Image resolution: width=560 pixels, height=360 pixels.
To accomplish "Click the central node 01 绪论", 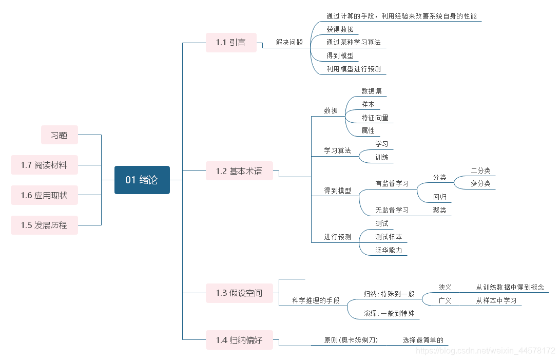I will pyautogui.click(x=142, y=180).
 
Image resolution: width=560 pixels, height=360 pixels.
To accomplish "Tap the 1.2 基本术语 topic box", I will pyautogui.click(x=239, y=171).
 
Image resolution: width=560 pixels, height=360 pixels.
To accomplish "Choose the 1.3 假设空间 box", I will pyautogui.click(x=239, y=293).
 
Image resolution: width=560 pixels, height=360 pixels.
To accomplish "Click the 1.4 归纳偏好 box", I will pyautogui.click(x=239, y=340).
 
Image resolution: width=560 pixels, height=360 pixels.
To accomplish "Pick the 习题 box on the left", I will pyautogui.click(x=60, y=135).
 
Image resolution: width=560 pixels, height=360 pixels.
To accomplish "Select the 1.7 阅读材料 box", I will pyautogui.click(x=44, y=165).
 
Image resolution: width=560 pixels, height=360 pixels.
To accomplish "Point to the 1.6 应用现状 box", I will pyautogui.click(x=44, y=195).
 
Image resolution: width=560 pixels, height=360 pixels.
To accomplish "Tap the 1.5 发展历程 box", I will pyautogui.click(x=44, y=225).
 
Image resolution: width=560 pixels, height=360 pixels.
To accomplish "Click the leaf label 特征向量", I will pyautogui.click(x=375, y=118).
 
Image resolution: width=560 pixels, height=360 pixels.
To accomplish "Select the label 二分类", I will pyautogui.click(x=480, y=170).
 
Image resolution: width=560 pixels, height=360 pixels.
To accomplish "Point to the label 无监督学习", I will pyautogui.click(x=392, y=210).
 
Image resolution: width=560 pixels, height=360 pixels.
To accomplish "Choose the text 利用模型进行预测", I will pyautogui.click(x=354, y=69).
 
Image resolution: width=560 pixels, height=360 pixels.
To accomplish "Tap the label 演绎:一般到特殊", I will pyautogui.click(x=389, y=313).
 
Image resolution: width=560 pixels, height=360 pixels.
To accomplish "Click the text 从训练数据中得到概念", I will pyautogui.click(x=510, y=287).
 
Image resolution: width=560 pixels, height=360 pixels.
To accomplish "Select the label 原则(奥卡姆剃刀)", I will pyautogui.click(x=351, y=340).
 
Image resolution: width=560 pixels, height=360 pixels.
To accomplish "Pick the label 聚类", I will pyautogui.click(x=439, y=210).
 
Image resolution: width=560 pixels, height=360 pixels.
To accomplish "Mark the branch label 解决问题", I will pyautogui.click(x=289, y=43).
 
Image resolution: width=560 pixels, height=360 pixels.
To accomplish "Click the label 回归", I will pyautogui.click(x=439, y=197).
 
